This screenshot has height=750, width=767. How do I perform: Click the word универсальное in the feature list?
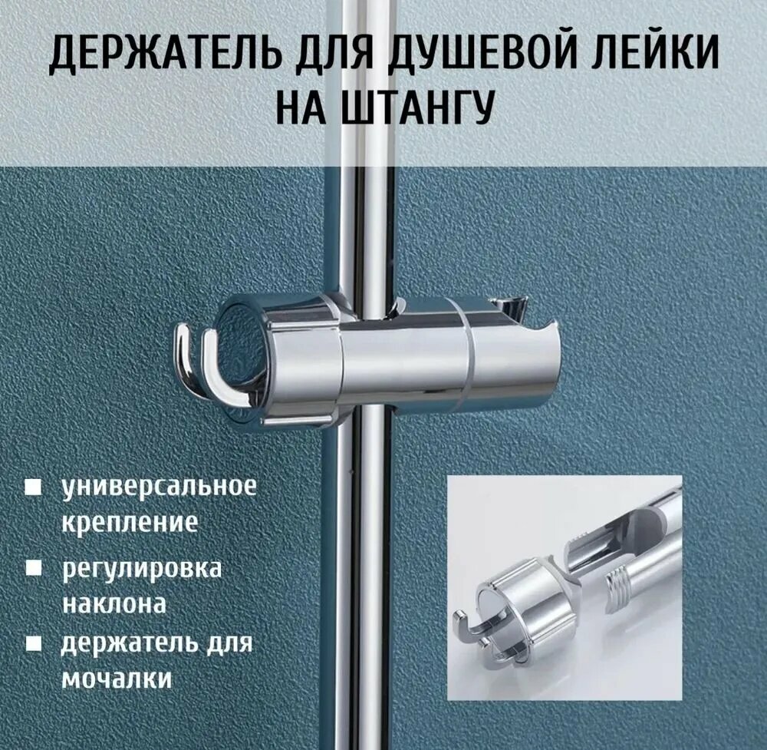(x=158, y=487)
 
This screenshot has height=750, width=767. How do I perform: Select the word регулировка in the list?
(x=141, y=570)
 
